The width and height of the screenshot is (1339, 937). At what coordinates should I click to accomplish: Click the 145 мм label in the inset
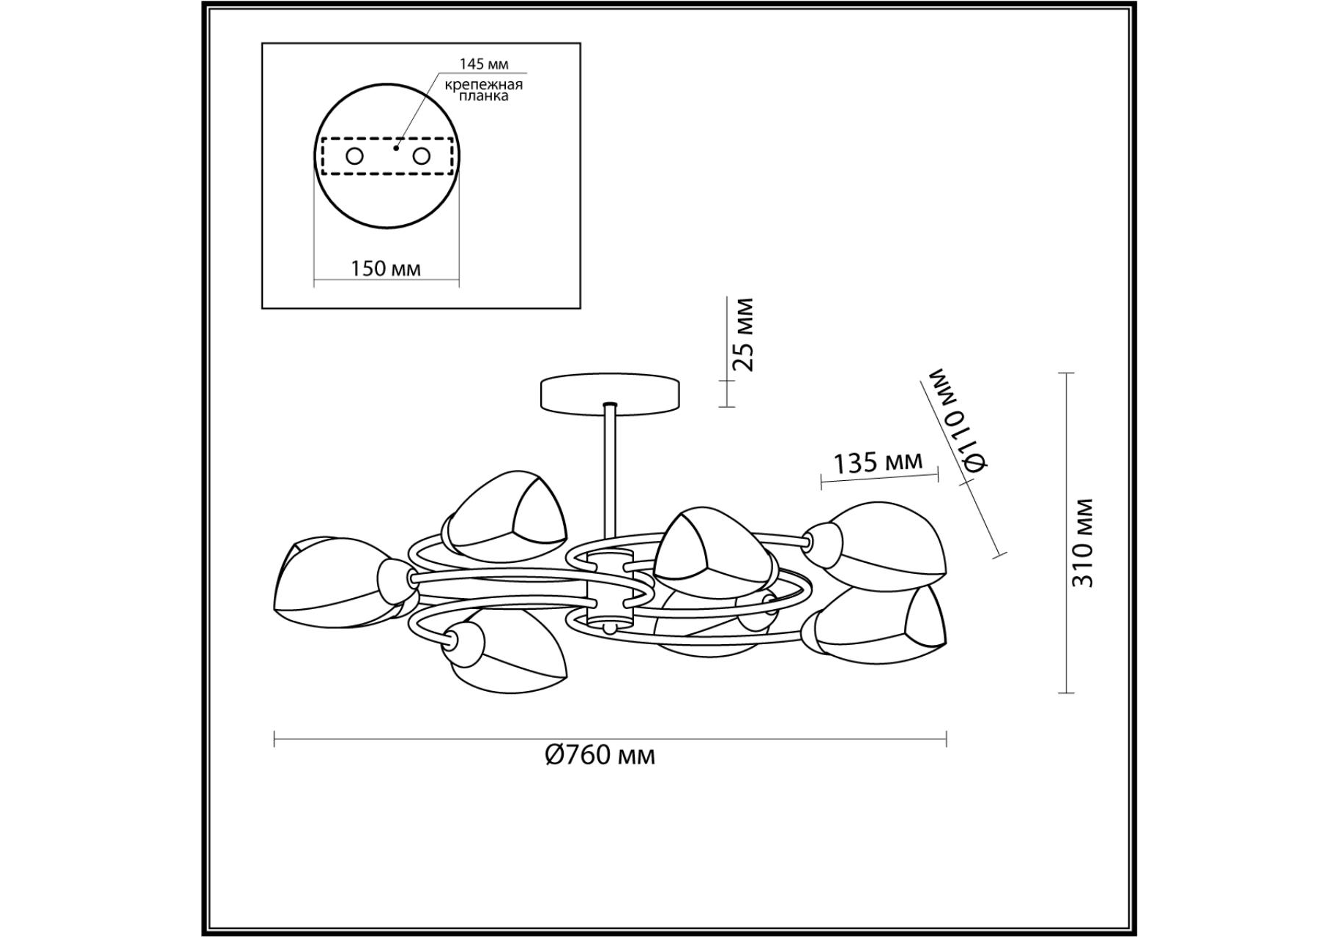483,64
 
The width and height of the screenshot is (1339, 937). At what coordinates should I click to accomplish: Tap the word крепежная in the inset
484,83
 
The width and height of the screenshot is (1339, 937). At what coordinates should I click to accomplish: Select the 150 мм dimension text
386,269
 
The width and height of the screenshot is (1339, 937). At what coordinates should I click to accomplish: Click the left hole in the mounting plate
354,156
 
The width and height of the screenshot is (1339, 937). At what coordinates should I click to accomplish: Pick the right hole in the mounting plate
421,156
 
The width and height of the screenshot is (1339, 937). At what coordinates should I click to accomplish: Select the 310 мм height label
1082,542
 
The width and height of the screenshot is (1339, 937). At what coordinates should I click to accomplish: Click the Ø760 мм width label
600,755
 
